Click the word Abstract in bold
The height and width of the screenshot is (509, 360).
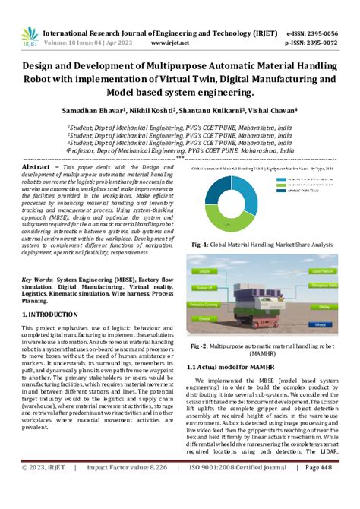[36, 166]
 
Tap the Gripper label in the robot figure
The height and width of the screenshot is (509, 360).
[205, 270]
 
